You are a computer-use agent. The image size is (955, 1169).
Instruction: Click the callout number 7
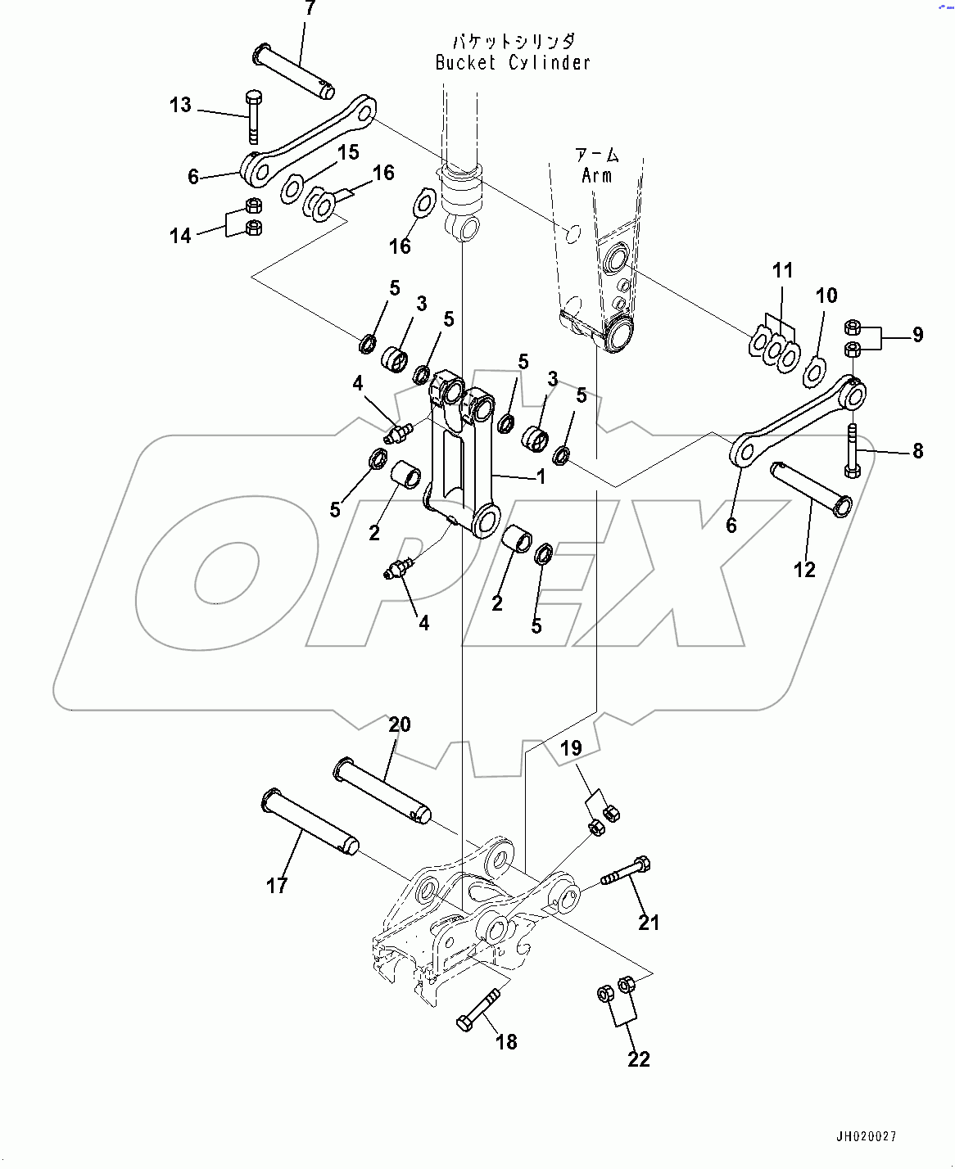pyautogui.click(x=309, y=9)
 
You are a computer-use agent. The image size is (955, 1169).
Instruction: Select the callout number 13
pyautogui.click(x=180, y=105)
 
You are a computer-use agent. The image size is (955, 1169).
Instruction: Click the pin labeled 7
pyautogui.click(x=293, y=71)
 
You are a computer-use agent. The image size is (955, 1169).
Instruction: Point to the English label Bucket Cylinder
pyautogui.click(x=513, y=63)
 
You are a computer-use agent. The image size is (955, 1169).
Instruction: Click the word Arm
pyautogui.click(x=596, y=175)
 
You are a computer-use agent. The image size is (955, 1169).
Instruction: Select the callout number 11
pyautogui.click(x=783, y=270)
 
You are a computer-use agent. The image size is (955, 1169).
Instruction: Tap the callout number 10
pyautogui.click(x=826, y=296)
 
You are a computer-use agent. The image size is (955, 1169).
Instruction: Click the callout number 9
pyautogui.click(x=917, y=334)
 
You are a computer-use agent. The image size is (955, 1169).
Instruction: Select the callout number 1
pyautogui.click(x=541, y=476)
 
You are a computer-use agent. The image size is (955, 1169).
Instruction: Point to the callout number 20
pyautogui.click(x=400, y=724)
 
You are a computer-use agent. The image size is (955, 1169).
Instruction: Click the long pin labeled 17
pyautogui.click(x=309, y=821)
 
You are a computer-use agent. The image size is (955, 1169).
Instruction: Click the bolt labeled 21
pyautogui.click(x=627, y=873)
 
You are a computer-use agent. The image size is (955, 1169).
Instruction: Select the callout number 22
pyautogui.click(x=639, y=1058)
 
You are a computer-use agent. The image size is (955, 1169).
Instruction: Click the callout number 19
pyautogui.click(x=571, y=747)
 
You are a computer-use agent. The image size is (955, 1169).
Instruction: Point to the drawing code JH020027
pyautogui.click(x=867, y=1136)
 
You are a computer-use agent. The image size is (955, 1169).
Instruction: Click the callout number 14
pyautogui.click(x=180, y=236)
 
